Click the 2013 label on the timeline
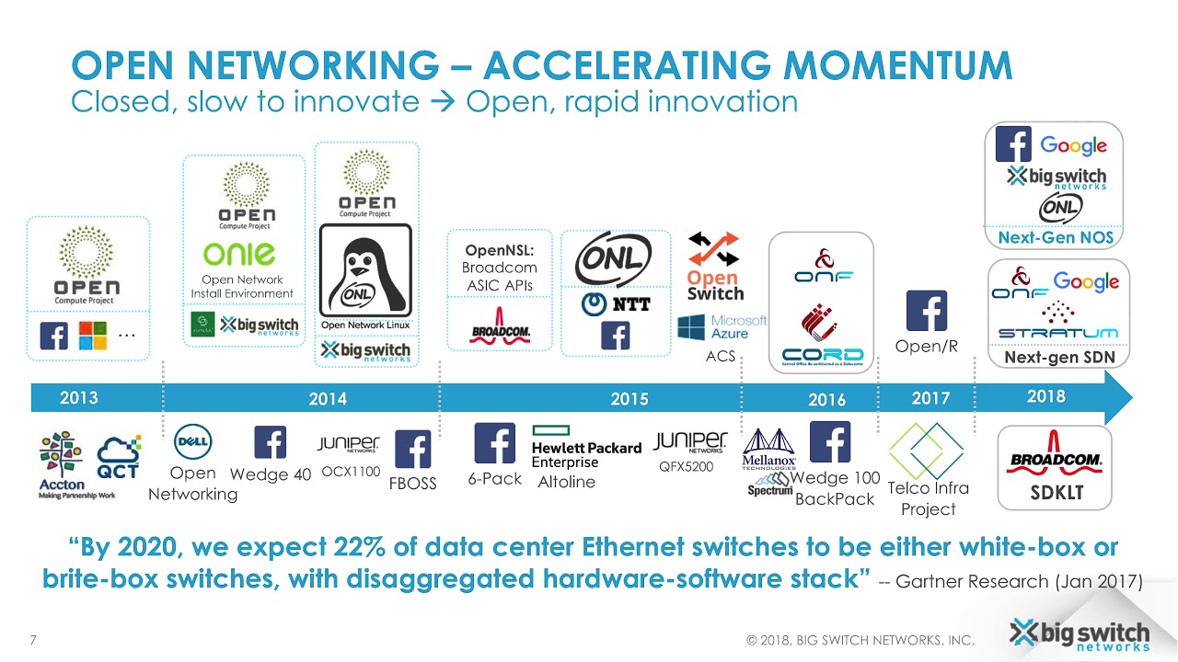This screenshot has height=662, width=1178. [x=78, y=398]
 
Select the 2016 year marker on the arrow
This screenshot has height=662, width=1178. [x=826, y=400]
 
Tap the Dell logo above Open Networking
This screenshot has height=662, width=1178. [x=193, y=441]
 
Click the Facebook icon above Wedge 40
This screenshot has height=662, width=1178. [x=270, y=442]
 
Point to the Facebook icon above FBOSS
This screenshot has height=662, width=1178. [x=412, y=450]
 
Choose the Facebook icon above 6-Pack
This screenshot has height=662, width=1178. [x=494, y=443]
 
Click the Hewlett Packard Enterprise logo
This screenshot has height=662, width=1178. [x=586, y=448]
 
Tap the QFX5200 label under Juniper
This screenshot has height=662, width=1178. [x=686, y=466]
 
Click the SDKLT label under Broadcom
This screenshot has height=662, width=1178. [x=1055, y=493]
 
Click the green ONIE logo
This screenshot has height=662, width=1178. [x=239, y=254]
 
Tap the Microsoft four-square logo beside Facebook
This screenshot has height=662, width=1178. [x=92, y=336]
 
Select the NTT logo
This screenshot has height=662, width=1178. [x=615, y=303]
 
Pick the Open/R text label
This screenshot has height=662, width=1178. [x=926, y=347]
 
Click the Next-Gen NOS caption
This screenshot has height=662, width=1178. [x=1055, y=237]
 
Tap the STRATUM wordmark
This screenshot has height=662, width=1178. [x=1057, y=332]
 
